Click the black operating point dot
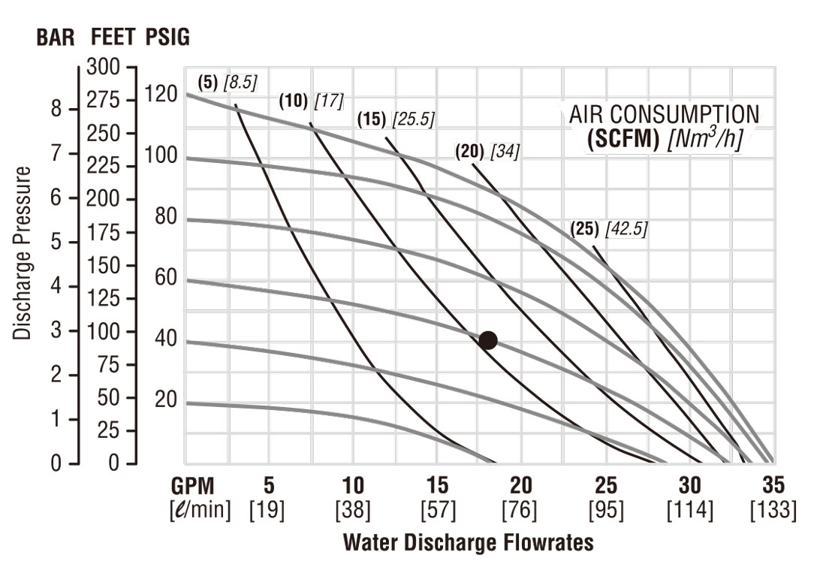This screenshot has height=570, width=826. point(488,340)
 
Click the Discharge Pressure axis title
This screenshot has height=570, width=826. point(23,252)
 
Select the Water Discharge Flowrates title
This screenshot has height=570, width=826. point(468,543)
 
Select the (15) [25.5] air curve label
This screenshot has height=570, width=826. point(396,119)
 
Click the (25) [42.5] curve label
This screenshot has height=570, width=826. point(608,229)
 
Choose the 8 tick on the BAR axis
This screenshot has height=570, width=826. point(56,110)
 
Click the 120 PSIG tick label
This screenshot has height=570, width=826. point(161,95)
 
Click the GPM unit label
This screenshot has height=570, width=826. point(198,484)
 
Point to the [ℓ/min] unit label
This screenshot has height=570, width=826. point(200,511)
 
